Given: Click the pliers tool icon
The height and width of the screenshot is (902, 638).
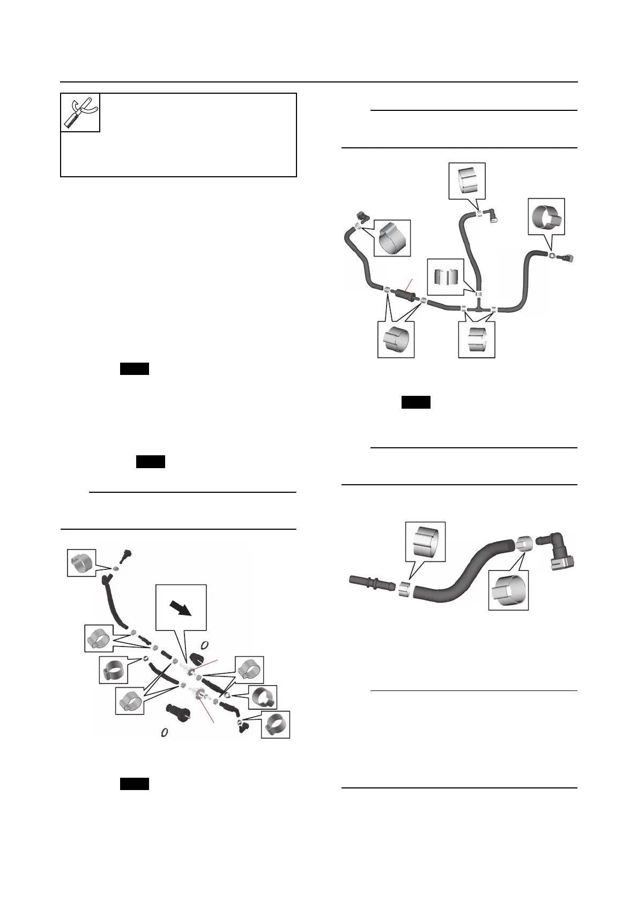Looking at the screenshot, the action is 80,112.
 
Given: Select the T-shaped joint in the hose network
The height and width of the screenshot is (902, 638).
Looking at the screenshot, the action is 478,309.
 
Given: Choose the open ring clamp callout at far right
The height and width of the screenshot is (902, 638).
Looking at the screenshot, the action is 546,216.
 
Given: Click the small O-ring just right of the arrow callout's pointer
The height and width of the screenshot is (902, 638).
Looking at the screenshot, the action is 204,644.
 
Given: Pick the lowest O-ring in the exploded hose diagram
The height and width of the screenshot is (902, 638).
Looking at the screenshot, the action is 166,732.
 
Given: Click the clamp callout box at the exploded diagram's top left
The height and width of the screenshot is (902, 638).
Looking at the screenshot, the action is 81,562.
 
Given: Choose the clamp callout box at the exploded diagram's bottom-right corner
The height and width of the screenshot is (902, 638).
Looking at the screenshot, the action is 276,725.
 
